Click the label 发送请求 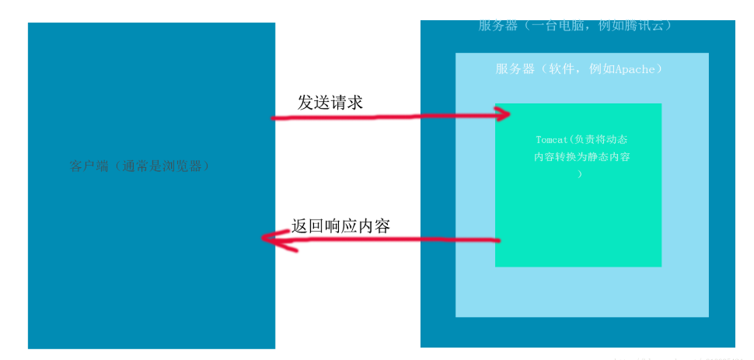pyautogui.click(x=330, y=103)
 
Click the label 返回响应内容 pyautogui.click(x=340, y=225)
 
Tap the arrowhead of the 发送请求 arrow pyautogui.click(x=504, y=114)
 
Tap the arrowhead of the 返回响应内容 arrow pyautogui.click(x=268, y=239)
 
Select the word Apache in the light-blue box pyautogui.click(x=635, y=69)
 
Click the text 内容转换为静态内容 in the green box pyautogui.click(x=581, y=157)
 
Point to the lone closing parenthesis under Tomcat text pyautogui.click(x=580, y=174)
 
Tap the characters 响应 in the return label pyautogui.click(x=340, y=225)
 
